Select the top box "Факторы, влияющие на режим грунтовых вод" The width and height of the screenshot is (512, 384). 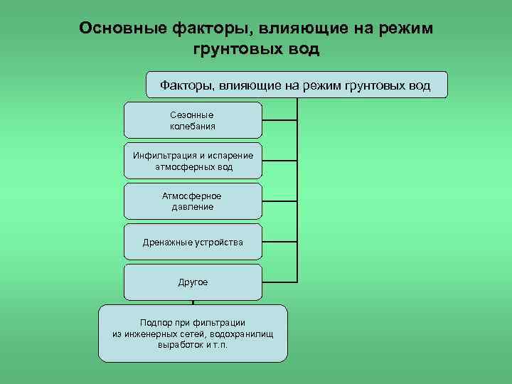coord(296,85)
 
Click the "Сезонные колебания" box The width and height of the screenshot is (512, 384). coord(193,120)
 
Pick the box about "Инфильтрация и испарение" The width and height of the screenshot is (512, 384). coord(193,161)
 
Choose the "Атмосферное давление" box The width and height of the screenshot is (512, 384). coord(193,201)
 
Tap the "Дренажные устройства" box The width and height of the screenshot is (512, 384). coord(193,242)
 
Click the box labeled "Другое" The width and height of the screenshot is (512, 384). coord(193,282)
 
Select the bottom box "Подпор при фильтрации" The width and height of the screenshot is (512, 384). coord(193,334)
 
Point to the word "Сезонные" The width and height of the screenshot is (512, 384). coord(192,114)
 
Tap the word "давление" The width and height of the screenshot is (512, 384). coord(193,207)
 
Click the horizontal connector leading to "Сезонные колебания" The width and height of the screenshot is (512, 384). coord(279,120)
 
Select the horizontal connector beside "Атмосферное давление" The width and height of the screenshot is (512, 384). coord(279,201)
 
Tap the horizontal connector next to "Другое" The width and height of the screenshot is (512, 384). coord(279,283)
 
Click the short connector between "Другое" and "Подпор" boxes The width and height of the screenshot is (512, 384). coord(193,302)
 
